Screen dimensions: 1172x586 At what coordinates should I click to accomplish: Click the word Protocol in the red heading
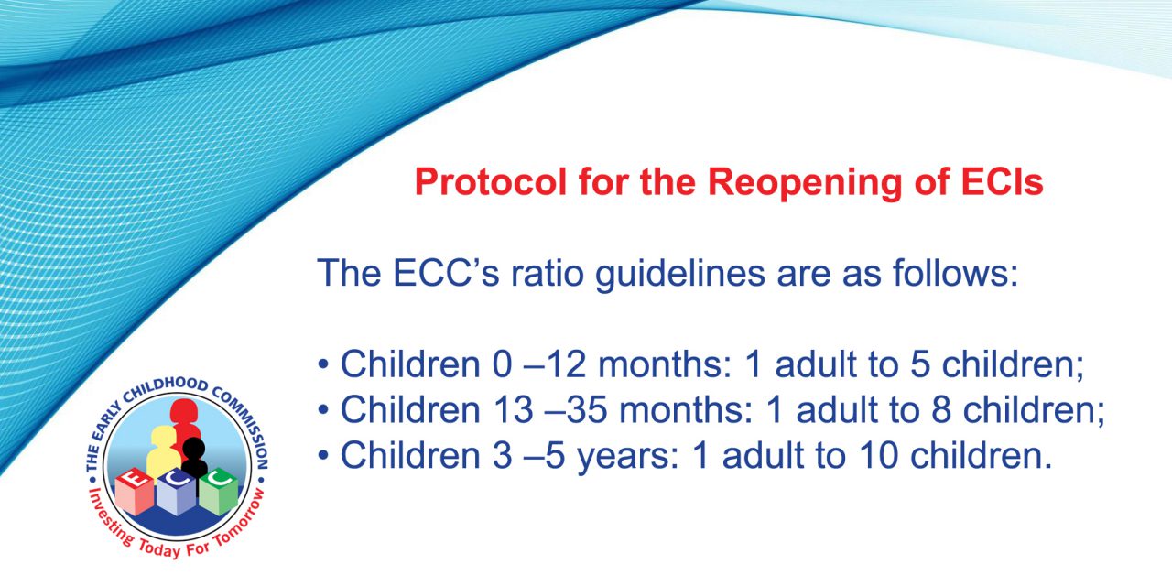[491, 182]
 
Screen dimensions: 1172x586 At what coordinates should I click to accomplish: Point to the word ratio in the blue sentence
[548, 273]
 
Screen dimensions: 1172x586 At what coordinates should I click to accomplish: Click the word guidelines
[680, 274]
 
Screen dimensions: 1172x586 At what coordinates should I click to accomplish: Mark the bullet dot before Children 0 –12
[323, 364]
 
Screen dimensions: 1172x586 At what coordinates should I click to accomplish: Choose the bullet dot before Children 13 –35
[323, 409]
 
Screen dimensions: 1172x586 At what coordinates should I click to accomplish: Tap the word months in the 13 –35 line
[687, 409]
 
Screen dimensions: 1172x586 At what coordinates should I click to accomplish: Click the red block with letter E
[135, 492]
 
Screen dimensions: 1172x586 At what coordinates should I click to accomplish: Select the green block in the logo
[219, 492]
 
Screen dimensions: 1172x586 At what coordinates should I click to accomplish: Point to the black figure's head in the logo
[193, 449]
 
